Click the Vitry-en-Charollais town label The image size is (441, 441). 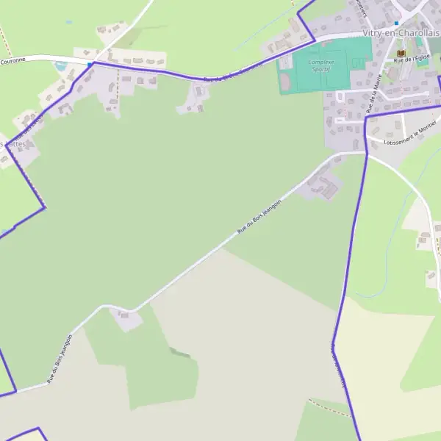coord(401,34)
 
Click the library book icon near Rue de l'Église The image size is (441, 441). coord(401,54)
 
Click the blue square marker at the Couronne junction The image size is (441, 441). coord(90,65)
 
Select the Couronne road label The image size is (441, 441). coord(12,61)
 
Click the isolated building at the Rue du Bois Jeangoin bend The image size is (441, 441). coord(127,318)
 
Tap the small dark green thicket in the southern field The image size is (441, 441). coord(180,353)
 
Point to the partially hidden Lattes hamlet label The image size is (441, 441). coord(15,145)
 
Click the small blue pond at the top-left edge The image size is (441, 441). coord(68,22)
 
